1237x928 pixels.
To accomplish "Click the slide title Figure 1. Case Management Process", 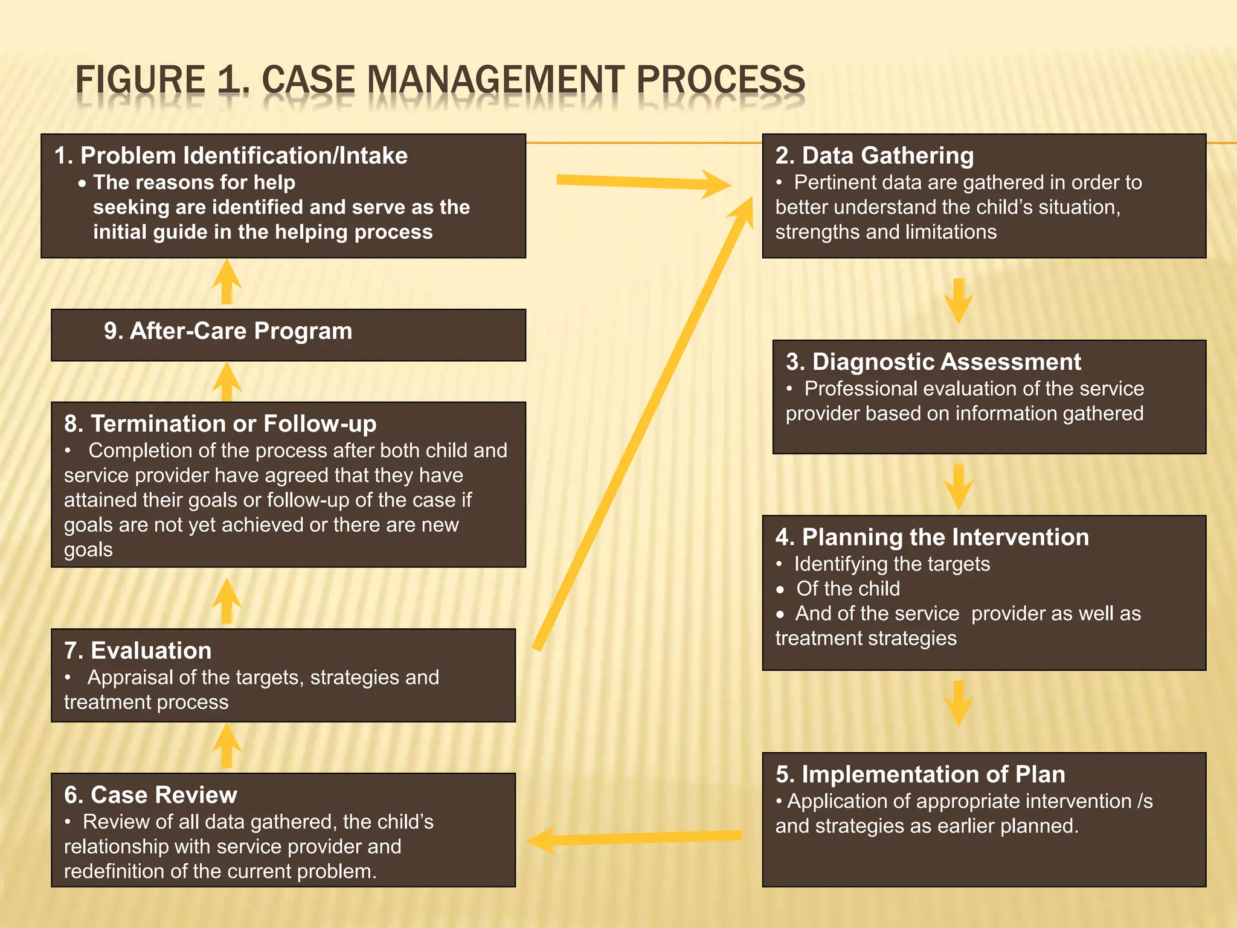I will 440,80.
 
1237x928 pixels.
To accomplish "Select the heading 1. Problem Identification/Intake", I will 231,156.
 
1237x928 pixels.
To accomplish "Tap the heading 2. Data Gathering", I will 874,156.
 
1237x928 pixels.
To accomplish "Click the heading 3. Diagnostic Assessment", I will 933,362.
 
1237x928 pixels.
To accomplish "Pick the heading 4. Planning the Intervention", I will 932,537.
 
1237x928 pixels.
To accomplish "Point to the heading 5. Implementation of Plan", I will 920,775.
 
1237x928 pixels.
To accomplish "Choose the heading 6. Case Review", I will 150,795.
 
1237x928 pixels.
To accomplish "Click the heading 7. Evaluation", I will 138,651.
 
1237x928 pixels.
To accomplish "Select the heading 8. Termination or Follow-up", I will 220,424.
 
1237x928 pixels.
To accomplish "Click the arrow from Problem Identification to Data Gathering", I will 643,182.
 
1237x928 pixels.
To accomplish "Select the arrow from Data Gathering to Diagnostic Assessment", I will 958,300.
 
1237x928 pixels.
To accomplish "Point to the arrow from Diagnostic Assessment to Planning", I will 958,486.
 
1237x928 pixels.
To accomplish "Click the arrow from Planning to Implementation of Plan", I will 958,703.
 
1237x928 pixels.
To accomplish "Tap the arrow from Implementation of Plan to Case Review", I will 634,839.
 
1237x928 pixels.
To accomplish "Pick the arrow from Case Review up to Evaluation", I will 227,747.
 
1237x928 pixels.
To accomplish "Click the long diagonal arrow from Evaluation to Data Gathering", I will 643,423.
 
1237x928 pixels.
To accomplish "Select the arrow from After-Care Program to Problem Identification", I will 227,282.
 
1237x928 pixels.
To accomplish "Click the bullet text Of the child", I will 847,589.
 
